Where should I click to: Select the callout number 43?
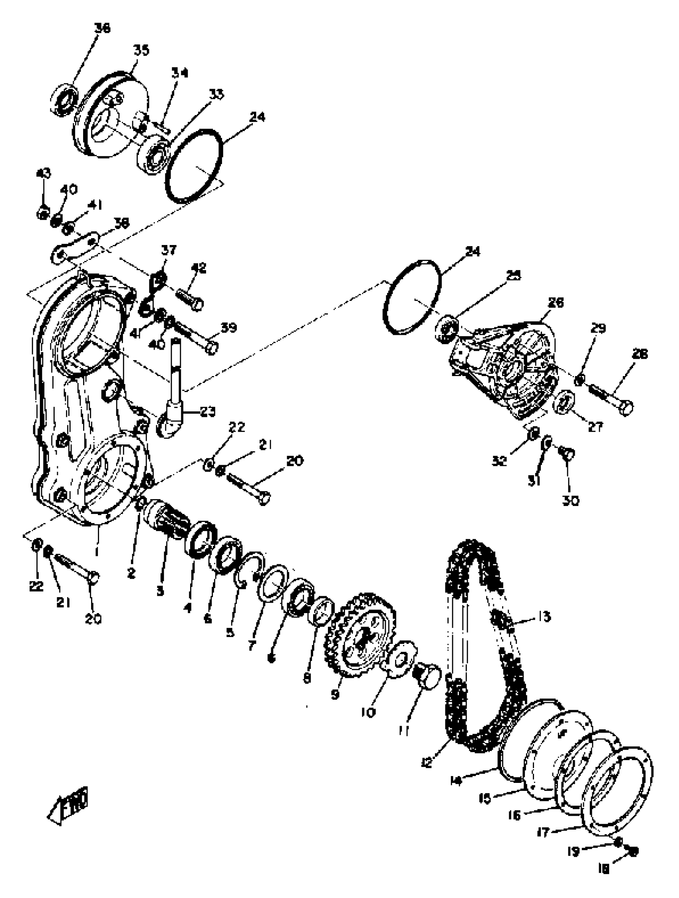click(x=44, y=174)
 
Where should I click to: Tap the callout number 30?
click(x=570, y=501)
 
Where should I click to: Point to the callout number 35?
click(x=141, y=50)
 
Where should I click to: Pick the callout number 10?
click(x=369, y=712)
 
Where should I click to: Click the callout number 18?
click(x=604, y=878)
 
